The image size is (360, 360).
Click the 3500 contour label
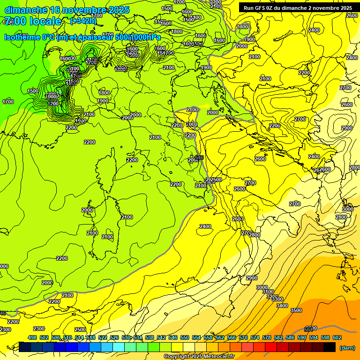(296, 310)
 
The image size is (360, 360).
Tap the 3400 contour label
(282, 306)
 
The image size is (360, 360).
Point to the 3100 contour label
(268, 292)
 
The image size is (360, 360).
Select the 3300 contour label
(278, 299)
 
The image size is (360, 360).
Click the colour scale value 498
(32, 337)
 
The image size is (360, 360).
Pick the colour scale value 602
(337, 337)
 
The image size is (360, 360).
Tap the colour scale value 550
(185, 337)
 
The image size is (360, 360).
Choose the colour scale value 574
(255, 337)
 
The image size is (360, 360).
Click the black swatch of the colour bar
(330, 347)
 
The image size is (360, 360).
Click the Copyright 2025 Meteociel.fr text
(199, 357)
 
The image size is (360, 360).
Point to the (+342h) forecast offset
(83, 21)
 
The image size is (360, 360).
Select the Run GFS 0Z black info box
(298, 8)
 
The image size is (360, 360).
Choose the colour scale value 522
(103, 337)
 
